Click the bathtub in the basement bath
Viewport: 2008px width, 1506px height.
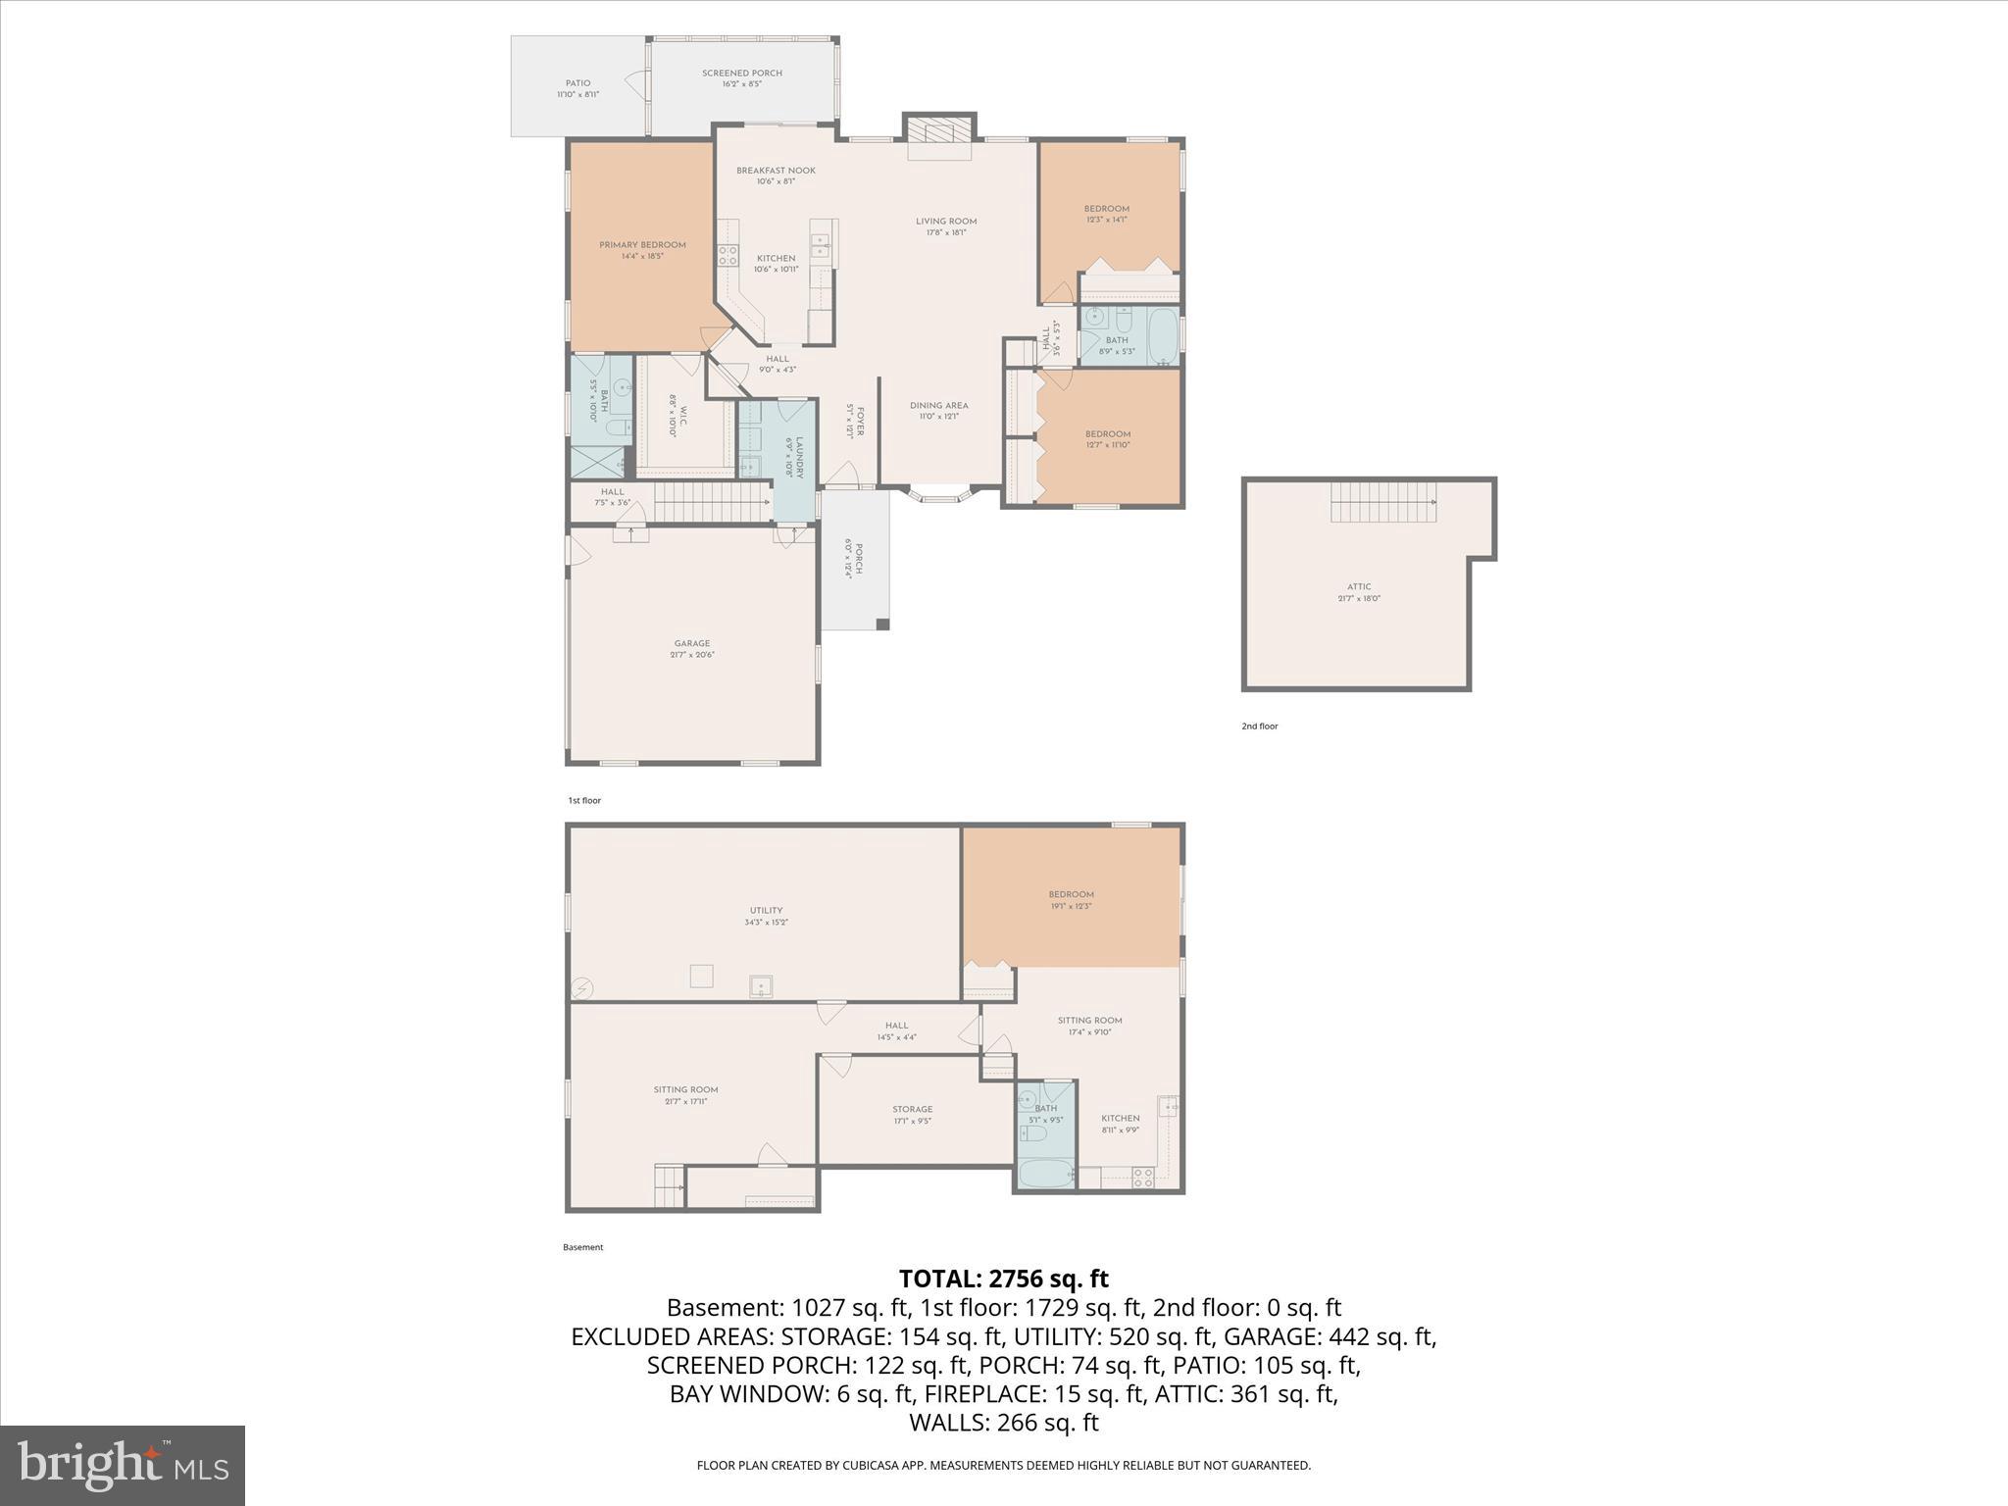pos(1045,1174)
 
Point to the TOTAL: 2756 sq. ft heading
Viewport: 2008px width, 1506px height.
pos(1003,1279)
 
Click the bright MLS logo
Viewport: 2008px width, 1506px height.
pos(123,1465)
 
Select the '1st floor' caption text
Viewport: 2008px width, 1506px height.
pos(584,801)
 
